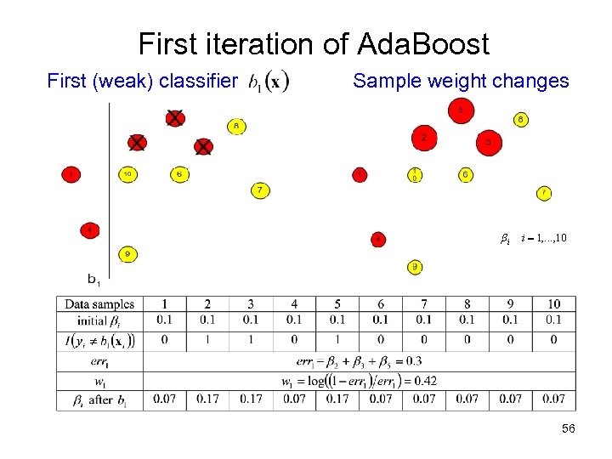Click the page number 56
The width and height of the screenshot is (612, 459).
(569, 429)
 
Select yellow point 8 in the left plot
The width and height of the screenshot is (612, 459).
(236, 126)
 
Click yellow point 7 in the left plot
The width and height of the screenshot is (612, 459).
(259, 190)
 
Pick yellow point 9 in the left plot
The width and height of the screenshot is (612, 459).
(127, 253)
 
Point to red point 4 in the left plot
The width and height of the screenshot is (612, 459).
(89, 229)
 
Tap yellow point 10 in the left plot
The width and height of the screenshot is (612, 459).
(127, 174)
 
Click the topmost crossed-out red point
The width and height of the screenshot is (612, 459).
(174, 118)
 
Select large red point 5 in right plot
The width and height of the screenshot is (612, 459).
(461, 110)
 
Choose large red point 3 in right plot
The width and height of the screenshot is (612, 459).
(488, 143)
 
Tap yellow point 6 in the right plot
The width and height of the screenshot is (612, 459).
(466, 174)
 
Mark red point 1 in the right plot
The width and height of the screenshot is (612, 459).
(360, 174)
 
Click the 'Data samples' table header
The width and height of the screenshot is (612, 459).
(99, 304)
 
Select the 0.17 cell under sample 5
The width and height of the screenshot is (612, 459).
(337, 399)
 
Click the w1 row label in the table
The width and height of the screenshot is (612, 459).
(99, 380)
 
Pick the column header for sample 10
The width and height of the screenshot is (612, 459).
(553, 304)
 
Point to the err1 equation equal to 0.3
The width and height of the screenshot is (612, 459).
(360, 361)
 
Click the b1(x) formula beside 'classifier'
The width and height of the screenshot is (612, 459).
(269, 82)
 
